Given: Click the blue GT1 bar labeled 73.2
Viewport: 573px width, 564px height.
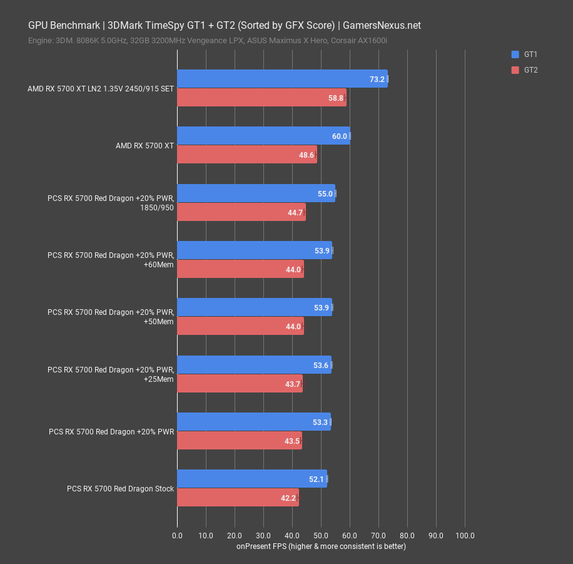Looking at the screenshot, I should point(281,79).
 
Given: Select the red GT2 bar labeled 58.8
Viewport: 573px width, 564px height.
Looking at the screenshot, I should point(261,98).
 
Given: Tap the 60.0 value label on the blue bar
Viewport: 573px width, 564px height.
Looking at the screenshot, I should point(340,136).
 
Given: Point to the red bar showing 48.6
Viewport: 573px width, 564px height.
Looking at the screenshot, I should point(246,155).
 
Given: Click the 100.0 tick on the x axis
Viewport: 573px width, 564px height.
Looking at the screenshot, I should point(465,536).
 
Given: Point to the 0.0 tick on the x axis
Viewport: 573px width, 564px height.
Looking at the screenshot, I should point(177,536).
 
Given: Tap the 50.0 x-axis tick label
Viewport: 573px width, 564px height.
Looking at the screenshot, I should point(321,536).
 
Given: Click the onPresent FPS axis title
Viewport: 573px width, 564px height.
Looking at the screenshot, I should point(321,546).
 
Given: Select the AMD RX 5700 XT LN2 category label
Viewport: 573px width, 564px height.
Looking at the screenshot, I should point(101,89).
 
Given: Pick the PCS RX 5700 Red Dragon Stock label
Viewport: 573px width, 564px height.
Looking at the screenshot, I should point(120,488).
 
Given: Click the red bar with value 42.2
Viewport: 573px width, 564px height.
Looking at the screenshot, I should point(238,498).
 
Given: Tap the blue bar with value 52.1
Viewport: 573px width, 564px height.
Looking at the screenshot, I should point(251,479).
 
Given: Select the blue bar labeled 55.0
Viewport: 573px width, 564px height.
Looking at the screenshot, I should point(256,193).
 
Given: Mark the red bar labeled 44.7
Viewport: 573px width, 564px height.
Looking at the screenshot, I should point(241,212).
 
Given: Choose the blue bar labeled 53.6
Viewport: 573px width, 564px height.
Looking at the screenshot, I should point(254,365).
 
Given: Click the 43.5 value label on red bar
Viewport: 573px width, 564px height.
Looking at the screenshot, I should point(292,441).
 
